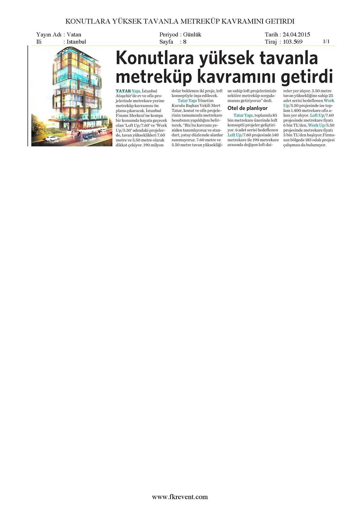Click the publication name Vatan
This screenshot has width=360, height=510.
pos(74,35)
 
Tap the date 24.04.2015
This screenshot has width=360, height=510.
pos(296,35)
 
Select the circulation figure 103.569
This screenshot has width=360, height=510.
pos(293,42)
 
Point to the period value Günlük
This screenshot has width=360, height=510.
pos(192,35)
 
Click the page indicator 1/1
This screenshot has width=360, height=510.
pos(326,41)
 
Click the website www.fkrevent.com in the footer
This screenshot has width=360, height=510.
pos(180,497)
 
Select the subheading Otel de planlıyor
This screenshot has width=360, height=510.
pos(247,108)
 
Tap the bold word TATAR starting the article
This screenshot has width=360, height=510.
pos(123,91)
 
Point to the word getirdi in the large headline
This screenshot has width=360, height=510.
pos(307,77)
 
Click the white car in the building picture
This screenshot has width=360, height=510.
pos(52,138)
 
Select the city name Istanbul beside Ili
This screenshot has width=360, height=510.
pos(76,42)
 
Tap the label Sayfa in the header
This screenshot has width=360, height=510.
pos(166,42)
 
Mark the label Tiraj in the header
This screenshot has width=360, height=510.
pos(271,42)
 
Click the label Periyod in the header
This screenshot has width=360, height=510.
pos(169,35)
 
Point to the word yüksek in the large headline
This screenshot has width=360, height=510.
pos(227,58)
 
